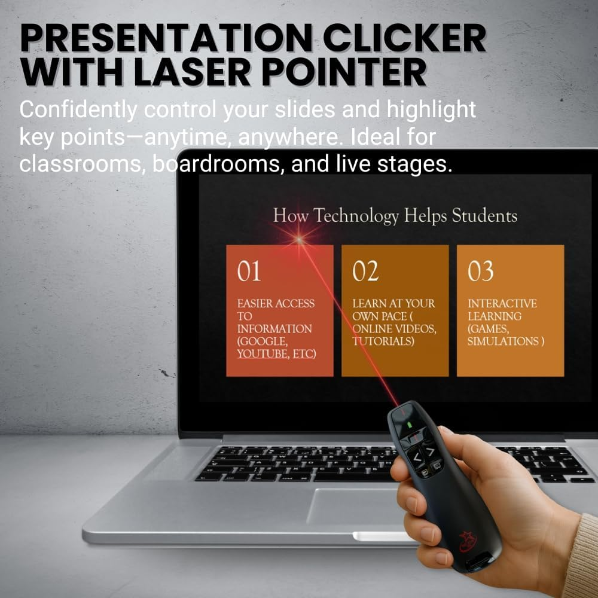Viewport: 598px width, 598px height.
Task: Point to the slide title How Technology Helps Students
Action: point(395,216)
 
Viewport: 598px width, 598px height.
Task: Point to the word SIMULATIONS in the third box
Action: point(502,341)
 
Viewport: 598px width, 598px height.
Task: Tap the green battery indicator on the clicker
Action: point(410,425)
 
